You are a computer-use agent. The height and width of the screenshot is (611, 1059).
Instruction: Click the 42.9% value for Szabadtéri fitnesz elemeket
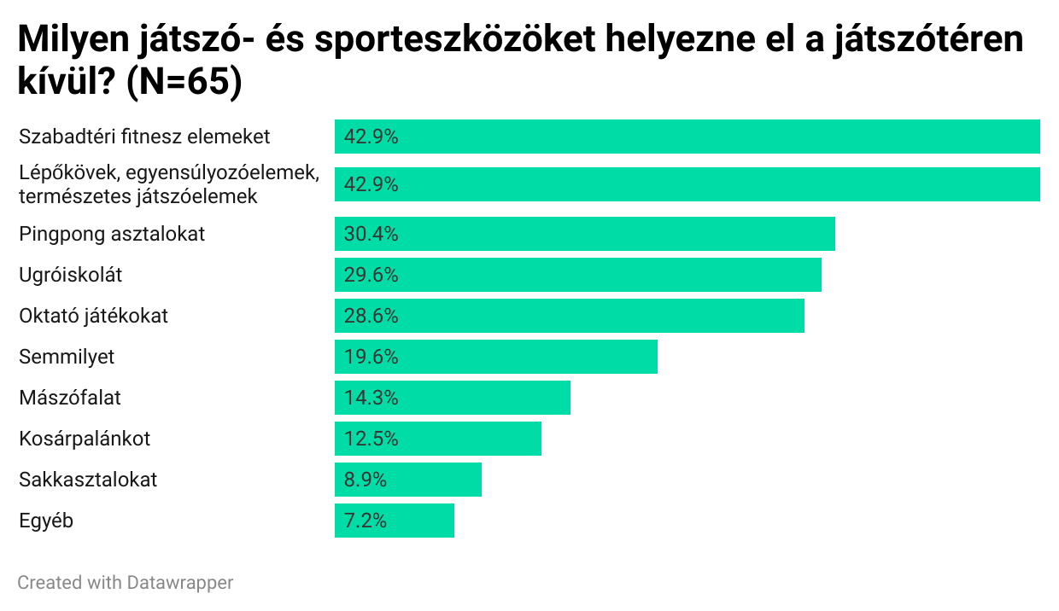(372, 137)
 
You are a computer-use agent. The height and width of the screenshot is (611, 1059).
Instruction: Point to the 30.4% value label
(372, 234)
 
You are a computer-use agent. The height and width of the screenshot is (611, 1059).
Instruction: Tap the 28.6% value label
(372, 316)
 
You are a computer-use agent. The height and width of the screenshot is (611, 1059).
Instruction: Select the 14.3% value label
(372, 398)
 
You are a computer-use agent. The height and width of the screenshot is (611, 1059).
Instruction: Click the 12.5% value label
(372, 439)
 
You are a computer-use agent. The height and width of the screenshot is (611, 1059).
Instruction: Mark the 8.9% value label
(366, 480)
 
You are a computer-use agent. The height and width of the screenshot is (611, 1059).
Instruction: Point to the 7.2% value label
(366, 521)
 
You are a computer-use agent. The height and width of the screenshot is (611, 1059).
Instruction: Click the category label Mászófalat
(70, 398)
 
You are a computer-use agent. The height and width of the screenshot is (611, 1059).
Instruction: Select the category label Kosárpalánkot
(85, 439)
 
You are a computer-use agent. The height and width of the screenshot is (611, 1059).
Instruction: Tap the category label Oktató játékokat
(94, 316)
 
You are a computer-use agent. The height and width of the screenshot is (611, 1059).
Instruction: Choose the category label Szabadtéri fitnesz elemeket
(144, 137)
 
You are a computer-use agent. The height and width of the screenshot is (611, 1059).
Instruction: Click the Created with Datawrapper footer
(125, 583)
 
